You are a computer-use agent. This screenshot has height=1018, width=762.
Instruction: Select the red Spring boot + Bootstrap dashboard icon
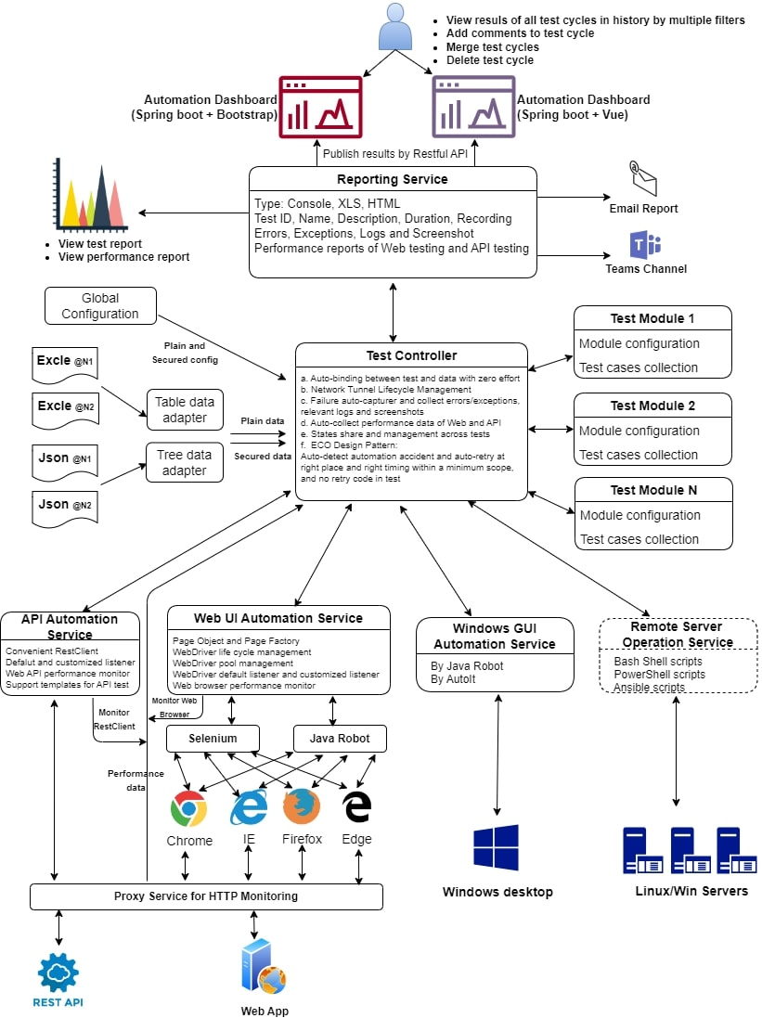coord(320,107)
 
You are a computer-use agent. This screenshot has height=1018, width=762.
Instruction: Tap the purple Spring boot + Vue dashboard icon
coord(473,107)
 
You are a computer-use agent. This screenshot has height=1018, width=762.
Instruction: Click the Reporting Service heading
coord(392,179)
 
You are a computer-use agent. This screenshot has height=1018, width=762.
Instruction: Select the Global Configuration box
coord(100,306)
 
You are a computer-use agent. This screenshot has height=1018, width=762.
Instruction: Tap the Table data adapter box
coord(185,409)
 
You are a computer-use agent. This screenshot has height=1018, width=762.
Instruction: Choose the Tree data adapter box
coord(185,462)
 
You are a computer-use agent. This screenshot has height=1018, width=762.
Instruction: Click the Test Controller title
coord(412,355)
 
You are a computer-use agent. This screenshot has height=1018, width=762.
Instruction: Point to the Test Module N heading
coord(653,490)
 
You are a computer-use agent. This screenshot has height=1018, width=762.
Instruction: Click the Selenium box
coord(213,739)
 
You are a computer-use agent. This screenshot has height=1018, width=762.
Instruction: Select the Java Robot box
coord(339,739)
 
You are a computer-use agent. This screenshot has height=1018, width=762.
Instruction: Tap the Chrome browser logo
coord(188,809)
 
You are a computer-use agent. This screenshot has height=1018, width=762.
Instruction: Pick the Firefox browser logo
coord(302,806)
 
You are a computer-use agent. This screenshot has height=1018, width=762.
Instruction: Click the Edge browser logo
coord(357,806)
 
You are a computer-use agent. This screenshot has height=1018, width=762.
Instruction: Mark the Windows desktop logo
coord(496,847)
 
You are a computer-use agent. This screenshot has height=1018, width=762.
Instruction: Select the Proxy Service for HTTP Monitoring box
coord(206,896)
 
